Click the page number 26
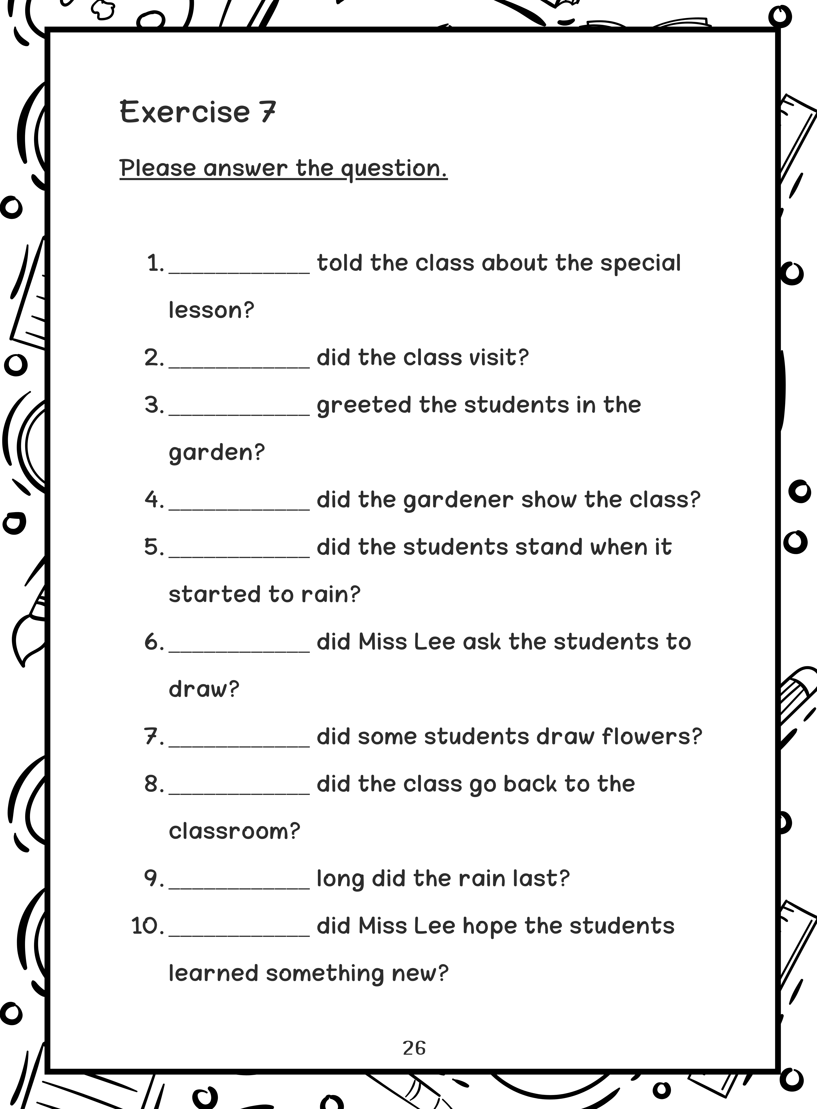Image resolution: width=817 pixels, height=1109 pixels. [414, 1048]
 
